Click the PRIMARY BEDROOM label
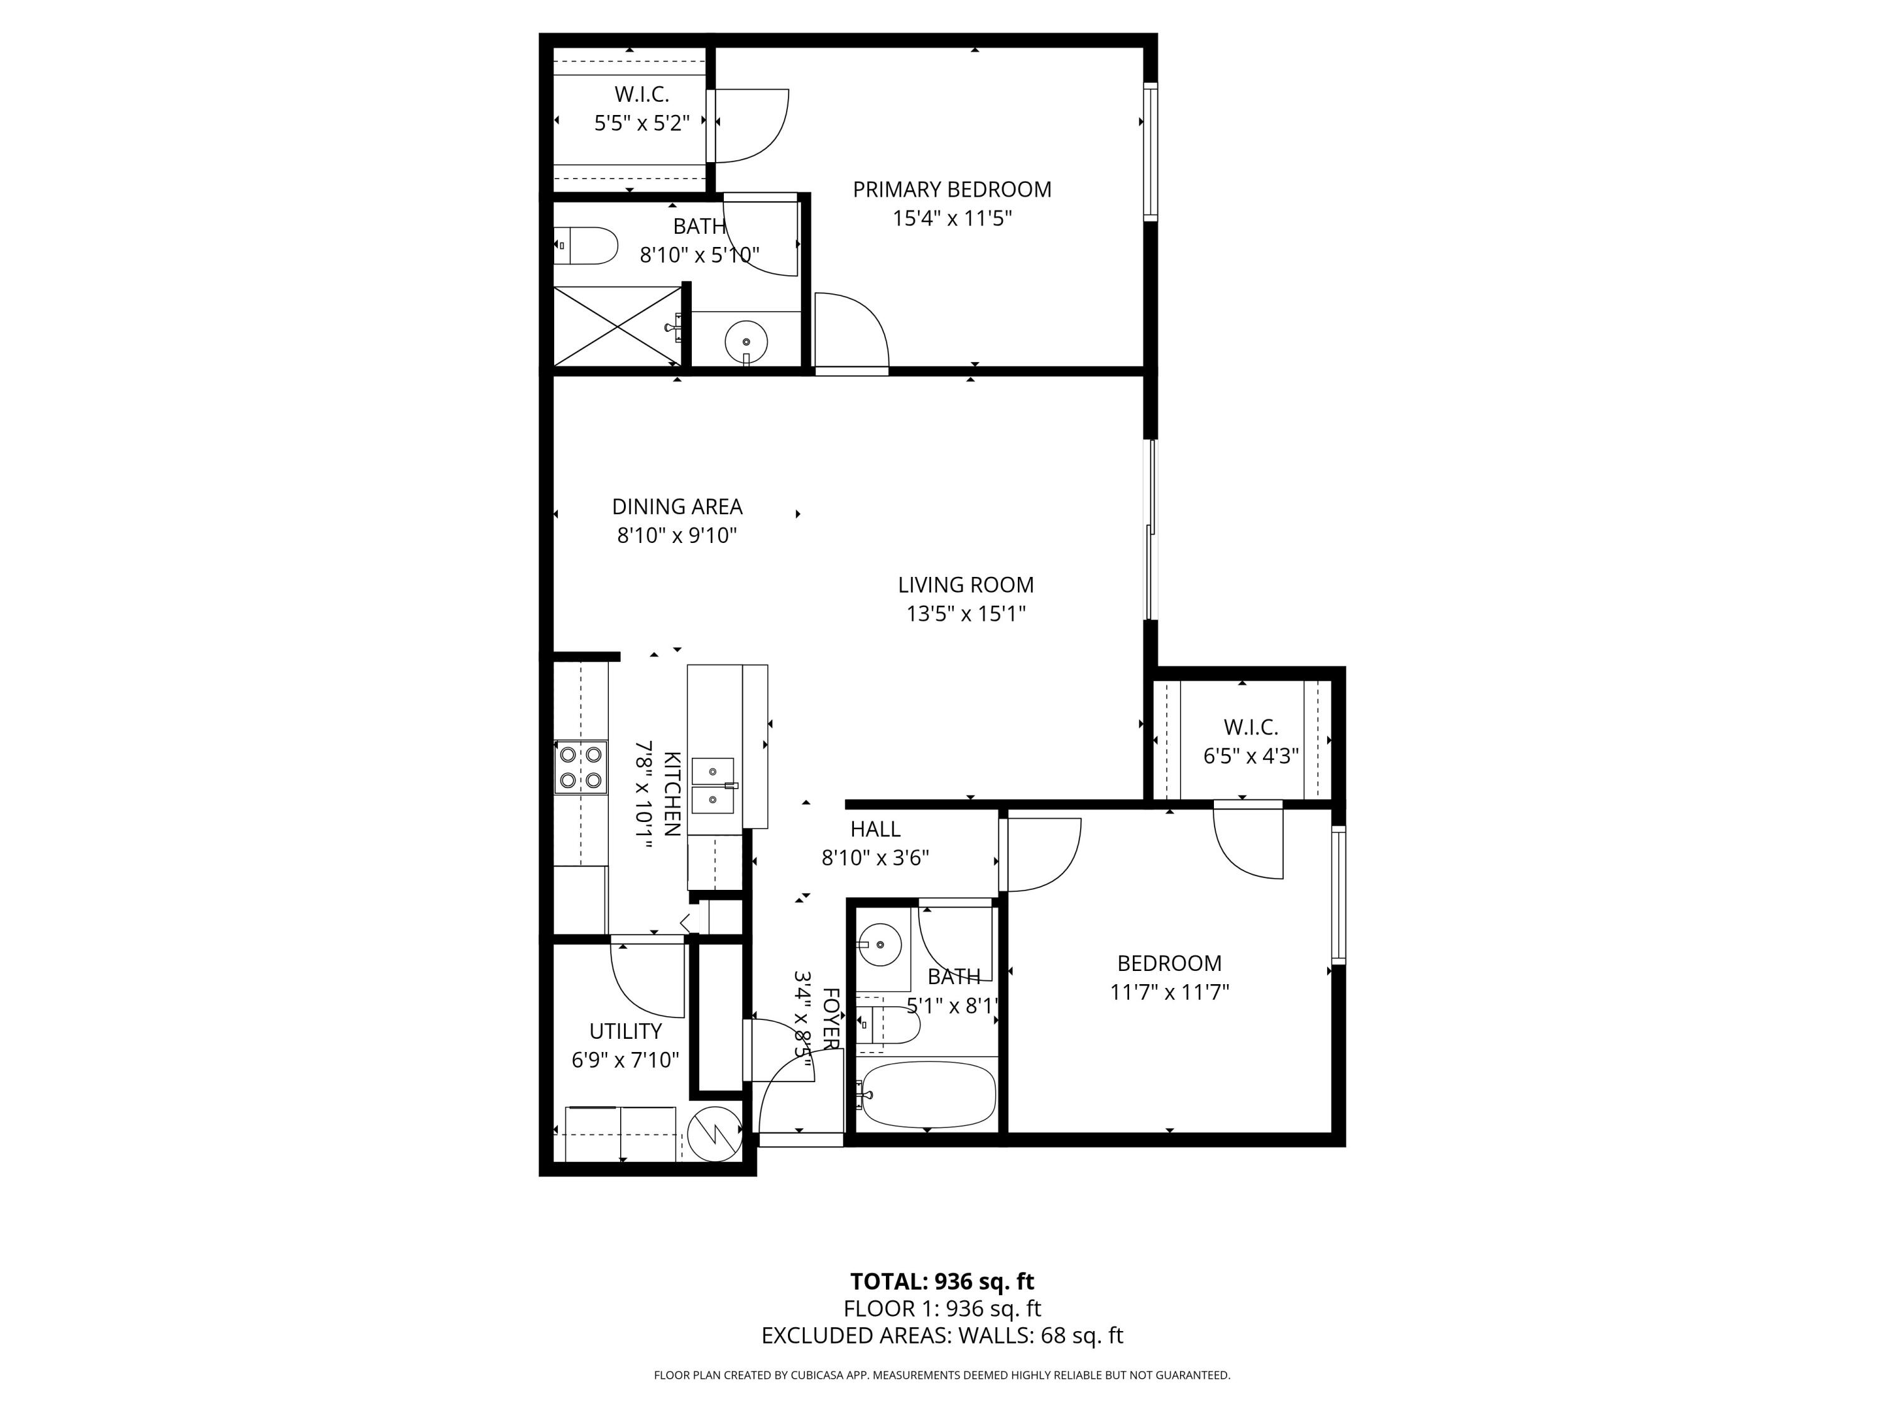tap(952, 189)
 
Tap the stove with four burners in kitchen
tap(581, 767)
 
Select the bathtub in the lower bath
tap(927, 1094)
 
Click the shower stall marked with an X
tap(618, 326)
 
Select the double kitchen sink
tap(713, 785)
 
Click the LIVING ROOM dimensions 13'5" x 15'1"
tap(966, 613)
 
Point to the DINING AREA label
tap(677, 507)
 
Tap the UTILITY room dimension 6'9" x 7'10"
tap(625, 1060)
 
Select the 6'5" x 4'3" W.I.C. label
tap(1250, 756)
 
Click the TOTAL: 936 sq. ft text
tap(942, 1281)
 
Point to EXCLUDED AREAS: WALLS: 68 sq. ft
tap(942, 1335)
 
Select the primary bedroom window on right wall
tap(1150, 151)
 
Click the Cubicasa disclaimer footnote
tap(942, 1375)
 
